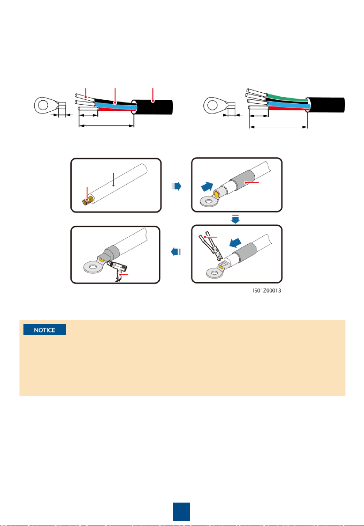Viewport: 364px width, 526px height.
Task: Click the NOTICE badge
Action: coord(45,330)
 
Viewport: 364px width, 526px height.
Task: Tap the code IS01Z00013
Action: coord(267,291)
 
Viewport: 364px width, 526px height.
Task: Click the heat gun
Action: coord(117,269)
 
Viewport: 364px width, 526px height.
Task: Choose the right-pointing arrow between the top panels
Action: coord(176,186)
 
